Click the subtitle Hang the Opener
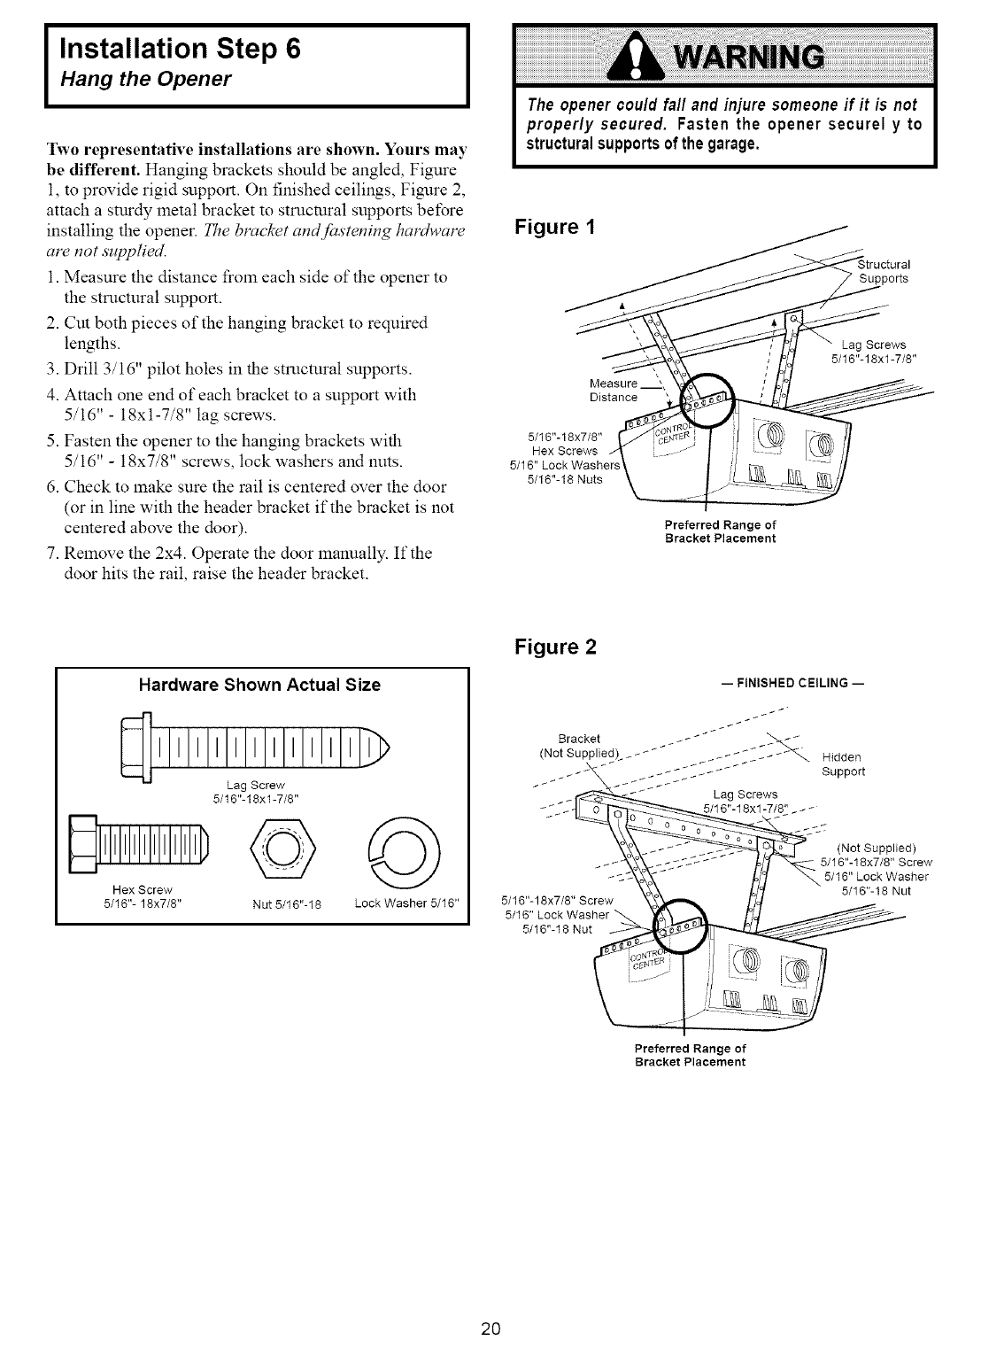point(145,80)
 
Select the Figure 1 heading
point(555,227)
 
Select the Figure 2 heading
point(555,647)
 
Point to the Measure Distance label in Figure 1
point(613,391)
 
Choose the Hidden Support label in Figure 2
point(842,764)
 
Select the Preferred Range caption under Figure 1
point(720,531)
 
